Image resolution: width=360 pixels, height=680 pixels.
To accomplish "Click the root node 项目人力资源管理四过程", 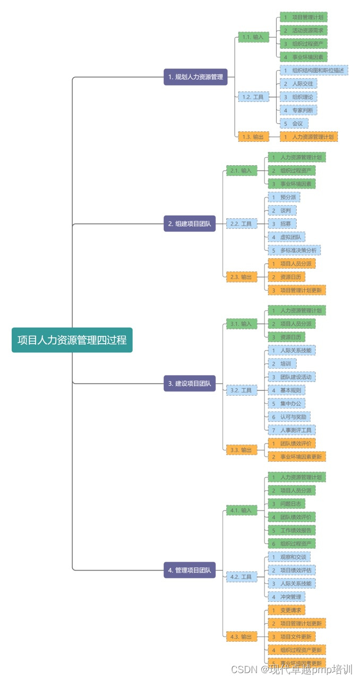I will [x=72, y=340].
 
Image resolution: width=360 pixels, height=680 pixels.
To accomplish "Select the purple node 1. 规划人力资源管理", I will [x=195, y=77].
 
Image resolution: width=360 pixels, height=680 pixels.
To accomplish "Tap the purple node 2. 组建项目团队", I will [x=190, y=224].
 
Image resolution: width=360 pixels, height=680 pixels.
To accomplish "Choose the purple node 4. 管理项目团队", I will [x=190, y=570].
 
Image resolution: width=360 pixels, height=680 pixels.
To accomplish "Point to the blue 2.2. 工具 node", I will [x=242, y=224].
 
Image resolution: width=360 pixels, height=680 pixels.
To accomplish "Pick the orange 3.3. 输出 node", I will [x=242, y=450].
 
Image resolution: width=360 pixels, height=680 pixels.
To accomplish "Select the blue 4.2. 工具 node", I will [x=242, y=576].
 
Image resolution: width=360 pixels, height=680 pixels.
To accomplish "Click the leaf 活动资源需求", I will [x=303, y=30].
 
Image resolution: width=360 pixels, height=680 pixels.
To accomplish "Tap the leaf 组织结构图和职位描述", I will [x=314, y=70].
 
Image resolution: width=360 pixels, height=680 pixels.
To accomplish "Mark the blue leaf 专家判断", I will [x=298, y=110].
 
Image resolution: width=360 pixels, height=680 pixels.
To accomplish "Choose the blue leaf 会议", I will [x=294, y=123].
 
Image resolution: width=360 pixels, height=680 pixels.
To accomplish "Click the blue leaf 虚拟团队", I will [x=286, y=237].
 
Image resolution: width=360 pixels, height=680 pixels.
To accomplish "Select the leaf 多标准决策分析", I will [x=294, y=250].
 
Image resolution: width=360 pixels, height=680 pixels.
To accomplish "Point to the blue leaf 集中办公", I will [x=286, y=403].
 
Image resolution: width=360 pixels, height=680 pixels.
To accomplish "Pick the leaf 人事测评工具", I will [x=292, y=430].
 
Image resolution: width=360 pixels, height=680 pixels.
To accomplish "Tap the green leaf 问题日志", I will [x=286, y=504].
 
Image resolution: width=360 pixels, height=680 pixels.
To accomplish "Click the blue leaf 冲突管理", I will [x=286, y=597].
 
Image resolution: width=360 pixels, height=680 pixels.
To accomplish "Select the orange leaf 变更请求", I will [x=286, y=610].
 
